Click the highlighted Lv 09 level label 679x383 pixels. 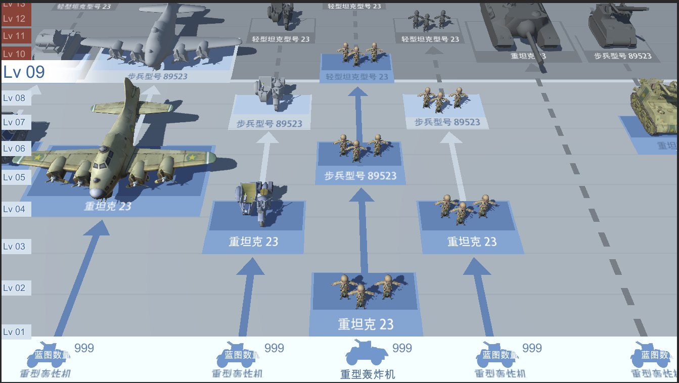coord(24,72)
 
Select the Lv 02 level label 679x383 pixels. coord(15,288)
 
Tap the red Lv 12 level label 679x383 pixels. coord(15,19)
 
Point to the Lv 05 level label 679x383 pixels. coord(15,177)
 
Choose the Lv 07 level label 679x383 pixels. coord(15,122)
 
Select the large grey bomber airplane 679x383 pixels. coord(157,43)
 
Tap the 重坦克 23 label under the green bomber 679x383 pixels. coord(108,206)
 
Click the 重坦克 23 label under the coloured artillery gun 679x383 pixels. coord(253,242)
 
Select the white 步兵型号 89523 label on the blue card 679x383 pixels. coord(360,176)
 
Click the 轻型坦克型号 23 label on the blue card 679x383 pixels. coord(357,77)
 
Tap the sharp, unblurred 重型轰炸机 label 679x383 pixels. coord(368,374)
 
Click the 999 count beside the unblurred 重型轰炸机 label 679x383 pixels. coord(402,348)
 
